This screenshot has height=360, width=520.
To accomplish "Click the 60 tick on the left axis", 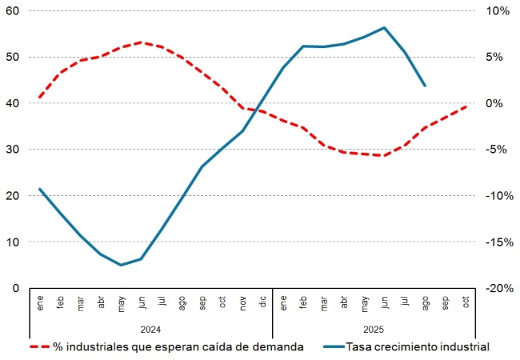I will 14,11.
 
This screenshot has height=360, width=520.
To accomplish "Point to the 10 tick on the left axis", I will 14,242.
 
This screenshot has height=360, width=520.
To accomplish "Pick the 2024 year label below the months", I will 150,328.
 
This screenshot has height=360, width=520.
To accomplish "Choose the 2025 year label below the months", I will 374,328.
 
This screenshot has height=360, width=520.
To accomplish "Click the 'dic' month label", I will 262,302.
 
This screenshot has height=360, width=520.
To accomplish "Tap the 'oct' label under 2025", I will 466,302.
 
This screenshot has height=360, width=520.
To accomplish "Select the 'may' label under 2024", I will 121,302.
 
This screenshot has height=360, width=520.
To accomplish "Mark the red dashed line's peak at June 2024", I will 141,42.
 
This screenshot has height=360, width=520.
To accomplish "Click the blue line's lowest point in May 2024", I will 121,265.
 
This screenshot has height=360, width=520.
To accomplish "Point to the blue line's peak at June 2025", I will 385,28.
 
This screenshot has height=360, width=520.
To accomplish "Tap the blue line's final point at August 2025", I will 425,86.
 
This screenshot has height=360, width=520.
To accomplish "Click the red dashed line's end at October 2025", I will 466,106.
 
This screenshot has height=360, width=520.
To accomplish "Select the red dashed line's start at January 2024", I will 40,98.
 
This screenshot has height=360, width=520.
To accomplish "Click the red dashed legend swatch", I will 39,346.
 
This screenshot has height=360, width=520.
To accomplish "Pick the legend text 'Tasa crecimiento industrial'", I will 417,346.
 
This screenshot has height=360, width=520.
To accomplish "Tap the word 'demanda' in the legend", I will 279,346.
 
